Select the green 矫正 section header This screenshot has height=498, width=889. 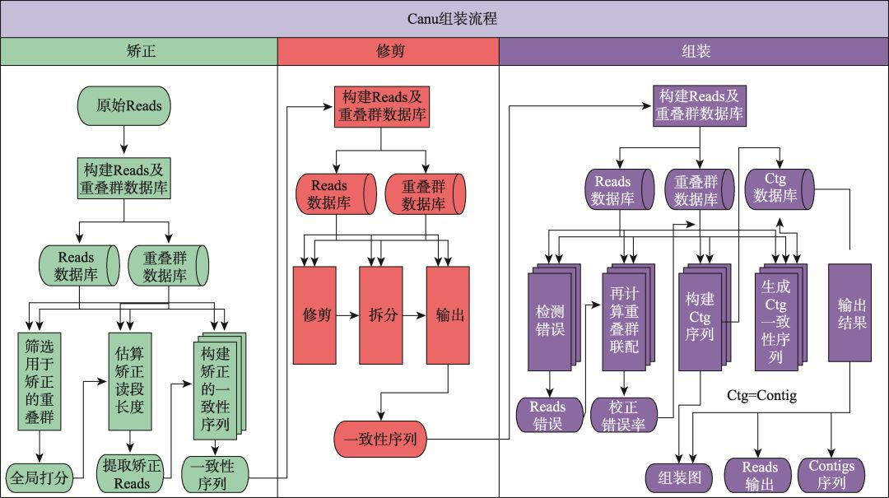coord(138,51)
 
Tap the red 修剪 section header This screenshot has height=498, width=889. coord(388,51)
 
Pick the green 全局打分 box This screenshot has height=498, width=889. coord(39,476)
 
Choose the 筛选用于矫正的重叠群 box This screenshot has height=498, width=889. coord(40,380)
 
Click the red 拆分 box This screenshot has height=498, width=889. coord(380,315)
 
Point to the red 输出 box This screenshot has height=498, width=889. coord(448,315)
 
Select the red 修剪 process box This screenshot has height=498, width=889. coord(314,315)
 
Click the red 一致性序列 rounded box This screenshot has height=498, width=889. coord(380,439)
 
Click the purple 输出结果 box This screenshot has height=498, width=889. coord(849,312)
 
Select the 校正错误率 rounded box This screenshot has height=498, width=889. coord(623,416)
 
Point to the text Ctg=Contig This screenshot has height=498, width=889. coord(761,395)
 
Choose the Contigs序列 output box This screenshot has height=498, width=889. coord(831,475)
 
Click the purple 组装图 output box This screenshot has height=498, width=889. coord(679,476)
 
